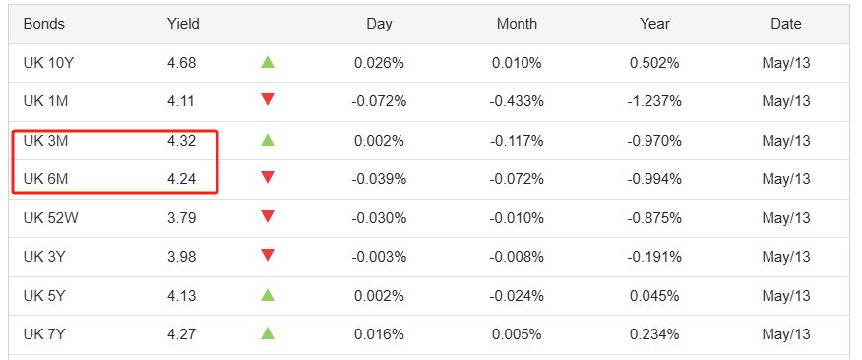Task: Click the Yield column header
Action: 183,24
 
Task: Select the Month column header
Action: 517,24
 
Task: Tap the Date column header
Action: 786,24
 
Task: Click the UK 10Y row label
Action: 48,63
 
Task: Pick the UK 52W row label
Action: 50,218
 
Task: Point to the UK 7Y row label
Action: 44,334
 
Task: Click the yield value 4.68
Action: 181,63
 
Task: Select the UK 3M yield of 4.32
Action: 181,141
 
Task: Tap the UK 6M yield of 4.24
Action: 181,179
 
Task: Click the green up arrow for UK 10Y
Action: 268,62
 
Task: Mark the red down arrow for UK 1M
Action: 268,100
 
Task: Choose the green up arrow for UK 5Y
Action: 268,295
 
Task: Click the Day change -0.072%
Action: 379,101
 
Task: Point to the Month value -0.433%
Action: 517,101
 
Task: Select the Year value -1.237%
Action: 654,101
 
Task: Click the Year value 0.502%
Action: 654,63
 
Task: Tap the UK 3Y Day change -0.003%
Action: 379,257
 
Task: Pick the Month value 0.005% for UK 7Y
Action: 517,334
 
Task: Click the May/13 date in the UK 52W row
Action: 786,218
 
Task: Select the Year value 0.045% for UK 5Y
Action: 654,296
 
